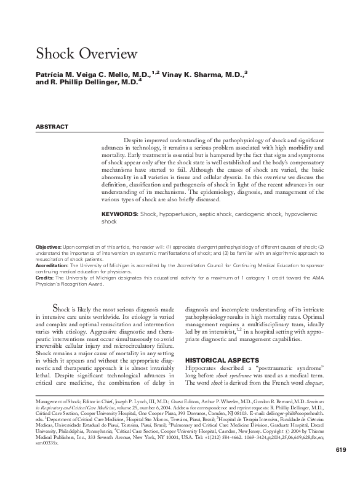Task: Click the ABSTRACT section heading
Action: point(52,126)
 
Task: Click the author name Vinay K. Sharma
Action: point(202,74)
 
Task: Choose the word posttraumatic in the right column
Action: point(282,368)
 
